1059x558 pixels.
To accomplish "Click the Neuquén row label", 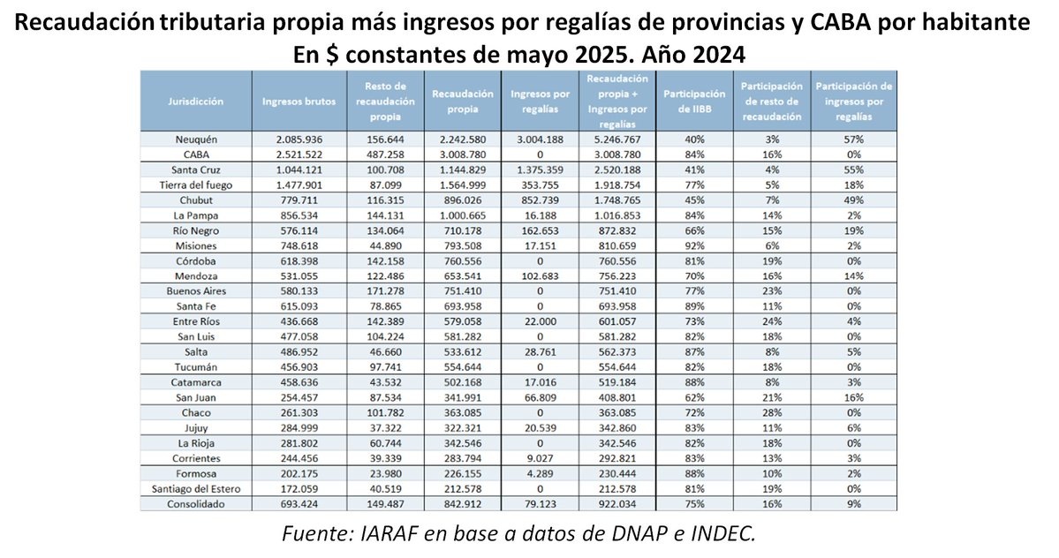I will (x=195, y=139).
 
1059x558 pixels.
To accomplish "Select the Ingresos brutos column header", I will (x=299, y=101).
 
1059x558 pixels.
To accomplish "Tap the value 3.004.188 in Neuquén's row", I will (x=538, y=139).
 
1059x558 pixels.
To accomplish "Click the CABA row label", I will (x=195, y=154).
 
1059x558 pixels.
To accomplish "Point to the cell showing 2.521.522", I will (x=299, y=154).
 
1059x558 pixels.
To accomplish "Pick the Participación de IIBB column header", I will (x=693, y=101).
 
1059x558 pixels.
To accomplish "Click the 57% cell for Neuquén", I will (x=853, y=139).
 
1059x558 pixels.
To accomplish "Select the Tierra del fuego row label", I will (x=195, y=184).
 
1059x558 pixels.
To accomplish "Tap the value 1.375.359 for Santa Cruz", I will (x=538, y=169).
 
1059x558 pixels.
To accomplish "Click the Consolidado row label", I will (x=195, y=503).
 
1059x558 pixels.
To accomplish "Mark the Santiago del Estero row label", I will (x=195, y=488).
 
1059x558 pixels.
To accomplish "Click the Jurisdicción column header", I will (x=195, y=101).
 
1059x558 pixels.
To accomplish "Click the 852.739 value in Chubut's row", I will (x=538, y=199).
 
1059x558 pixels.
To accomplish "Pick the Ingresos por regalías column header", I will (x=538, y=101).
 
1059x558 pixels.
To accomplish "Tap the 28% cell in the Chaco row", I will (x=772, y=412).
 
